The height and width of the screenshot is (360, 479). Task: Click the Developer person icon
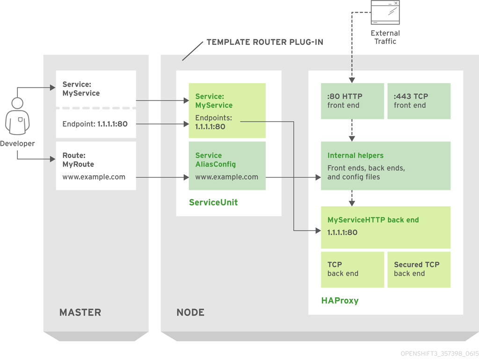17,117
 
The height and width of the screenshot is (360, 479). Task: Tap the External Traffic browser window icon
385,13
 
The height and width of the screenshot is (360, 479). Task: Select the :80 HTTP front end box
352,101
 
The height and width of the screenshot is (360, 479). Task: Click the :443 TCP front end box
419,101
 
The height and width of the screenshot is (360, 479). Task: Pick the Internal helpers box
385,166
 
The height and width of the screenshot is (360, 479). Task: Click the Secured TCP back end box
419,269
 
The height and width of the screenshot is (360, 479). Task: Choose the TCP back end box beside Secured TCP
352,269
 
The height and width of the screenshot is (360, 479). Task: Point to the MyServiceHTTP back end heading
373,220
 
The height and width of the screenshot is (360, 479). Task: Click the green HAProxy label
340,301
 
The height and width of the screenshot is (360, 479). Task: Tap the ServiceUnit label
213,202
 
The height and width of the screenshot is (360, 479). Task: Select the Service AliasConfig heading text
215,160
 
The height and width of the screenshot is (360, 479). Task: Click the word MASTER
80,312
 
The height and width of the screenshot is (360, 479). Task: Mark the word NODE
190,312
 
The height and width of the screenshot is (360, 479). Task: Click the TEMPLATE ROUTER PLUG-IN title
265,42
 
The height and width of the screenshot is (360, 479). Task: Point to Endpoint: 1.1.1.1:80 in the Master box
95,124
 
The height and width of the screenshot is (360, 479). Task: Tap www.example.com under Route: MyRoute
94,177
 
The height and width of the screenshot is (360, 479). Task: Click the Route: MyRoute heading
78,160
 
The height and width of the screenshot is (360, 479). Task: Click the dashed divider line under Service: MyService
96,108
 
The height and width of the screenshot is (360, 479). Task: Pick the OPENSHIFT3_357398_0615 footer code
439,354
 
